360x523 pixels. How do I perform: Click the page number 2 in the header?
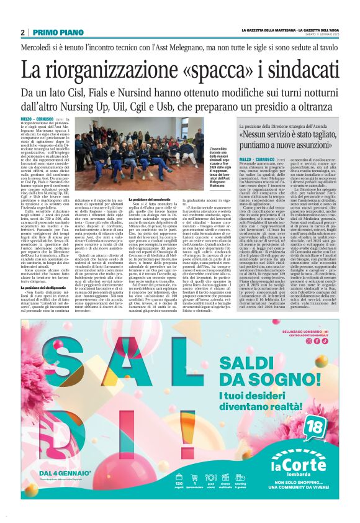[x=23, y=32]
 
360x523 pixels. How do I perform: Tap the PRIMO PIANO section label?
[x=51, y=32]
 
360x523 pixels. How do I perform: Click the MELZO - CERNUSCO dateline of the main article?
[x=37, y=118]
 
